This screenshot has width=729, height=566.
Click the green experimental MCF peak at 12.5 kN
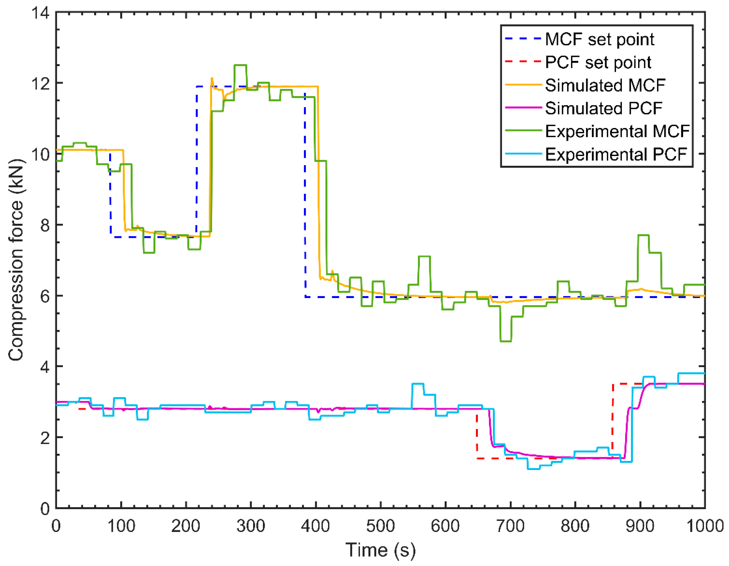pos(240,65)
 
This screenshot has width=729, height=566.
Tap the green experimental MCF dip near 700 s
pos(506,341)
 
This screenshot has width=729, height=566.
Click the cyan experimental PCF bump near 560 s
pos(418,384)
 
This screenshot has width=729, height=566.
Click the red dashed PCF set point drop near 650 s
pos(477,437)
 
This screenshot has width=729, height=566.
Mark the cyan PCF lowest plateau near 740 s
pos(533,469)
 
